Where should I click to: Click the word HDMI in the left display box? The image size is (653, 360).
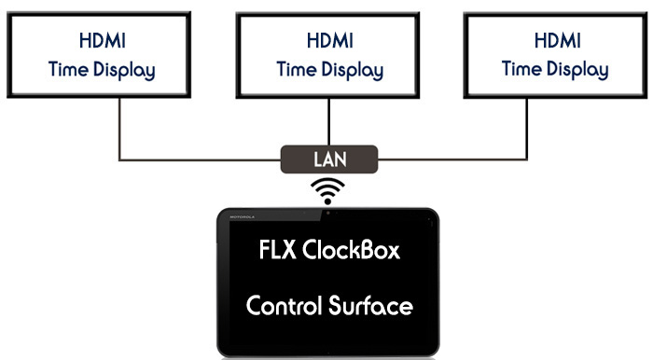pyautogui.click(x=101, y=42)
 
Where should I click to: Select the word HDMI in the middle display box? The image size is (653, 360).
pyautogui.click(x=328, y=42)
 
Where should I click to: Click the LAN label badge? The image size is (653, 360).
pyautogui.click(x=329, y=159)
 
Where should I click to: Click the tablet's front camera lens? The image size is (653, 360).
pyautogui.click(x=328, y=215)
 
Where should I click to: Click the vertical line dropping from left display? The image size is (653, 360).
pyautogui.click(x=120, y=131)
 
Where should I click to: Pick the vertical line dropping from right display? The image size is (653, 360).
pyautogui.click(x=537, y=131)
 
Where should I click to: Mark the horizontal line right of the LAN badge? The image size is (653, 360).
pyautogui.click(x=457, y=160)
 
